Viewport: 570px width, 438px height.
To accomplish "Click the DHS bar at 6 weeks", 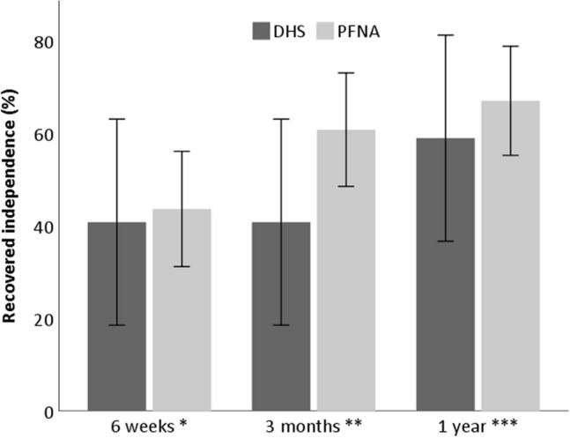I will (x=116, y=316).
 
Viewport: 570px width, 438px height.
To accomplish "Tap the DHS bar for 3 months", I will (x=281, y=316).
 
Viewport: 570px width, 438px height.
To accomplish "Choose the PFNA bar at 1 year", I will (x=510, y=256).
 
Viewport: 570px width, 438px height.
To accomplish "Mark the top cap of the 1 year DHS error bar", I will (x=445, y=35).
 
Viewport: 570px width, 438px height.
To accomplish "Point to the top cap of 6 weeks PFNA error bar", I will (x=181, y=152).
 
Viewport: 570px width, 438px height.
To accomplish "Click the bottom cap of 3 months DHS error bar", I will (x=281, y=325).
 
